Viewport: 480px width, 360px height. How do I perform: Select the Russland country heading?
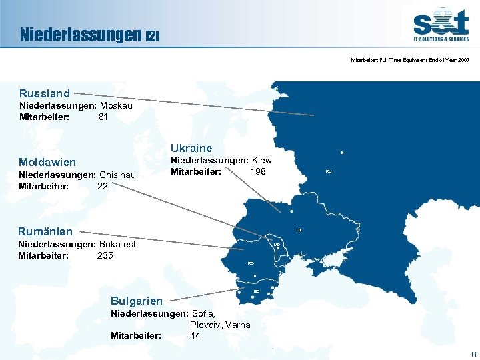click(x=45, y=93)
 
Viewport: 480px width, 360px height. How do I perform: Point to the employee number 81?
click(x=103, y=117)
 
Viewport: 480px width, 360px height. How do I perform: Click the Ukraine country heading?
click(x=191, y=148)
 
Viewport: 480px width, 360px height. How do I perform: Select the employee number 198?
click(x=257, y=172)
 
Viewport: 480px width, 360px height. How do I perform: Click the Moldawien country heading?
click(x=47, y=162)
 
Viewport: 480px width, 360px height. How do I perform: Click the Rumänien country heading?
click(x=45, y=231)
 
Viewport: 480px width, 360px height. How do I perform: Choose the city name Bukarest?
click(x=117, y=244)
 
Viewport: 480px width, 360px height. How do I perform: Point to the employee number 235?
click(x=105, y=255)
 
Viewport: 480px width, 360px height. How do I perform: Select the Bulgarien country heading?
click(x=136, y=301)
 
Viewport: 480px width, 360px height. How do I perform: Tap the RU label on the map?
click(x=329, y=172)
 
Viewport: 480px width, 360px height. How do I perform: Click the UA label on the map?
click(x=299, y=230)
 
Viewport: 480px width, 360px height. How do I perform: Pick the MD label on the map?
click(x=276, y=245)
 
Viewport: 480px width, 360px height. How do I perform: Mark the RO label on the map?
click(x=251, y=264)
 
